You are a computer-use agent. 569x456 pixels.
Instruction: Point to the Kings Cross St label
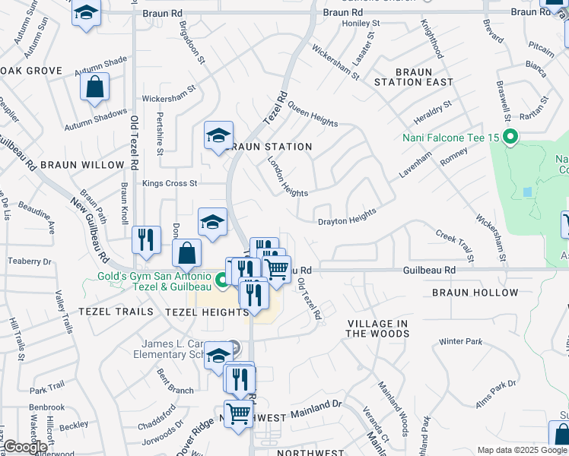click(170, 183)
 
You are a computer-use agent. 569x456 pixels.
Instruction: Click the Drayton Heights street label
click(347, 217)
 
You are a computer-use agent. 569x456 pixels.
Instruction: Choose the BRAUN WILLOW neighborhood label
click(82, 165)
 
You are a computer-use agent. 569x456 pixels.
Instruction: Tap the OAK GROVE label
click(31, 71)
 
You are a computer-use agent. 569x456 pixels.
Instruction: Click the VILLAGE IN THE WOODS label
click(378, 328)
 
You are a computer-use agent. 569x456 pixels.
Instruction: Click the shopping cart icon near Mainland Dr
click(238, 413)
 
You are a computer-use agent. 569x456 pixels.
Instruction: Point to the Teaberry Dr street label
click(30, 261)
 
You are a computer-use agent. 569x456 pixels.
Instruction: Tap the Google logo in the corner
click(25, 447)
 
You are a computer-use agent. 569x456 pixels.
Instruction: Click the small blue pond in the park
click(527, 192)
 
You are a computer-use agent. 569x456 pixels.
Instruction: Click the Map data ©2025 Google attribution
click(521, 450)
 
